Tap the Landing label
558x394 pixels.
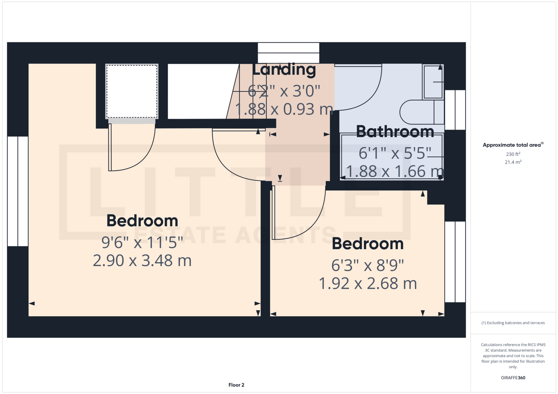[x=284, y=70]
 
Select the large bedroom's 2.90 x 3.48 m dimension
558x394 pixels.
[x=142, y=261]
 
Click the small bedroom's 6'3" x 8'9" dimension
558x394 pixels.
[x=368, y=265]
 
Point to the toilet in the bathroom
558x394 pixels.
[x=421, y=112]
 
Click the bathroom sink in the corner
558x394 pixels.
[x=433, y=82]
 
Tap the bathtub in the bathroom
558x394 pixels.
[x=391, y=157]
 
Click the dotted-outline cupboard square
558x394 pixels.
[x=132, y=91]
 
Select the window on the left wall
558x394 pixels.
[x=18, y=191]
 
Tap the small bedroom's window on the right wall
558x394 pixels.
[x=455, y=262]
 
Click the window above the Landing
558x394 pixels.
[x=288, y=53]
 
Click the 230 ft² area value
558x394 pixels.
[x=513, y=154]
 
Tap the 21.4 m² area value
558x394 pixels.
[x=513, y=162]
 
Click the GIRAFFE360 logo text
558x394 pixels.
[x=513, y=378]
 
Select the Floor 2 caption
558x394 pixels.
[x=236, y=385]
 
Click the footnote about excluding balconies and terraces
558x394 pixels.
[x=513, y=323]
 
